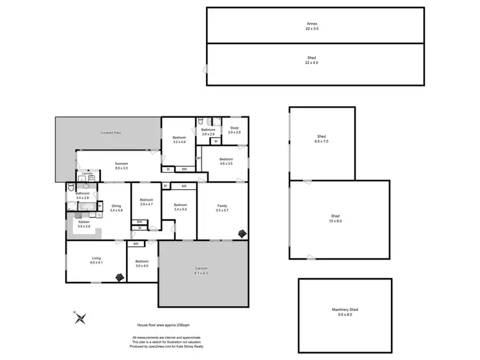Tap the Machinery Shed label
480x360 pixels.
pos(345,311)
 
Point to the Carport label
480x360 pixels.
pos(202,270)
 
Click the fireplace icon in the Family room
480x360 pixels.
pos(242,233)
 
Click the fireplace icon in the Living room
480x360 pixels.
pos(120,277)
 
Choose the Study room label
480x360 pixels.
pos(234,130)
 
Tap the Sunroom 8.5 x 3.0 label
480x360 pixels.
pos(122,166)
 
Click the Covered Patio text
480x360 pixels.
pos(111,132)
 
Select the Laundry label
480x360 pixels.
pos(88,173)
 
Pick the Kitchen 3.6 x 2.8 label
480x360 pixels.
pos(84,224)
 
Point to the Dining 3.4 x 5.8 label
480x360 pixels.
pos(116,208)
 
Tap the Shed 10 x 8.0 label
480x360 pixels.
pos(335,219)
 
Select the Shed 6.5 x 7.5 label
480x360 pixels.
pos(322,139)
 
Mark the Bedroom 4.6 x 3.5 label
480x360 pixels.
pos(226,161)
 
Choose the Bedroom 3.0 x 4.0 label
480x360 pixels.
pos(141,263)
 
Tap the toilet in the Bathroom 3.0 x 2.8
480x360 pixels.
pos(70,188)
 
